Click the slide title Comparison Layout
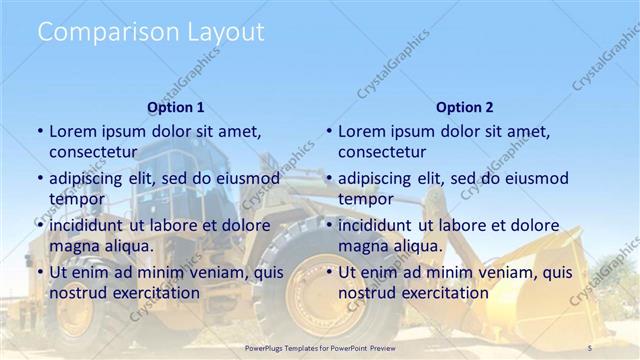(x=151, y=32)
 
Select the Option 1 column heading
(x=176, y=107)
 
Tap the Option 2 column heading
(x=464, y=107)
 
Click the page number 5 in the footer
(x=589, y=346)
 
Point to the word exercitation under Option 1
(x=155, y=293)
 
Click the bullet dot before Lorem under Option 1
(x=40, y=131)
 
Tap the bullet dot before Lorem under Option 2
(x=329, y=131)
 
